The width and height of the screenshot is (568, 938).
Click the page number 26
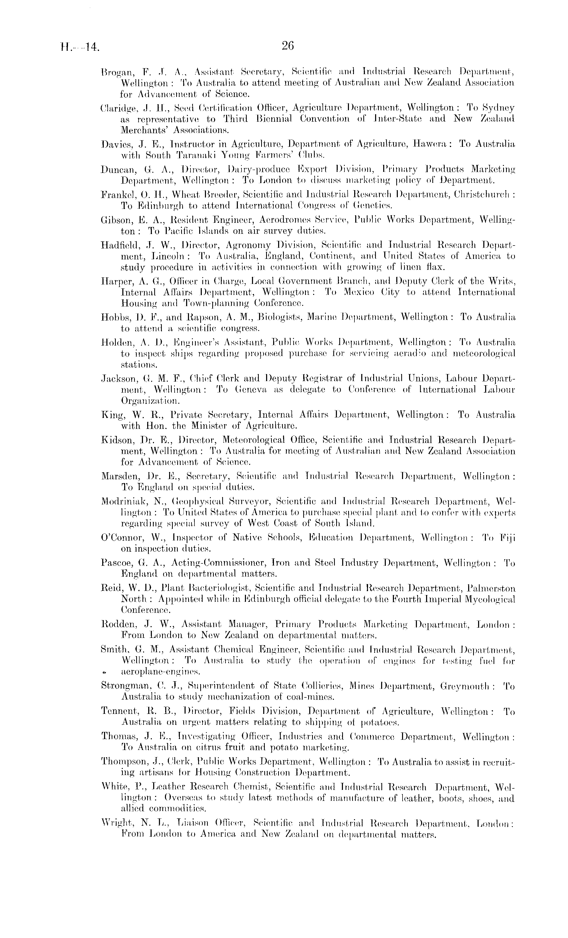tap(288, 46)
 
